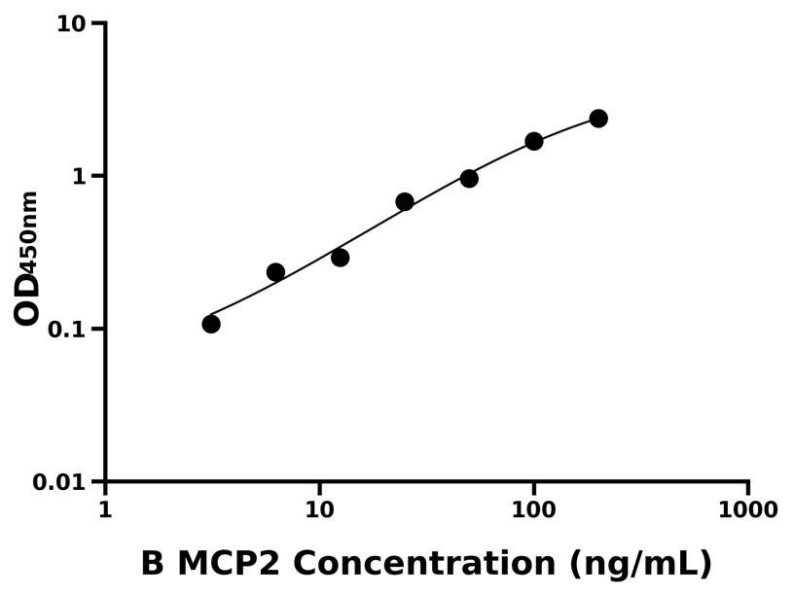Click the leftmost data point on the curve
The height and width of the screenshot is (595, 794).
(x=211, y=324)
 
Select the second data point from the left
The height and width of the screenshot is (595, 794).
(x=275, y=272)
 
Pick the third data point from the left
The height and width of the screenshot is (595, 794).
(x=340, y=258)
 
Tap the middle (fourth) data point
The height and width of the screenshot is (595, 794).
(x=405, y=201)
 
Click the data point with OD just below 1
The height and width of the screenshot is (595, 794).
(x=469, y=178)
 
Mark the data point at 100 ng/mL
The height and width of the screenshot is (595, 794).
(x=534, y=141)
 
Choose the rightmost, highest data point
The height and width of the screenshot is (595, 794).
(x=598, y=119)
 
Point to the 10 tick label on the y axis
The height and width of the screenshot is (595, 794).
(x=71, y=23)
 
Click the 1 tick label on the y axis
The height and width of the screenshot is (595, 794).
(x=80, y=176)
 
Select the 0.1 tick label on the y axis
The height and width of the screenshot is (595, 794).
(x=66, y=329)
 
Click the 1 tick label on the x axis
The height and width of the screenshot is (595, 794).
(x=105, y=510)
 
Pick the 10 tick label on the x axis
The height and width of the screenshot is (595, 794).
(x=319, y=510)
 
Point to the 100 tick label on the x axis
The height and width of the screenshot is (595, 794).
(x=533, y=510)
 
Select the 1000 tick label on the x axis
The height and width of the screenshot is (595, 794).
(x=747, y=510)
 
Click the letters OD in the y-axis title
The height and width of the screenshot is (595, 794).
(x=27, y=298)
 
